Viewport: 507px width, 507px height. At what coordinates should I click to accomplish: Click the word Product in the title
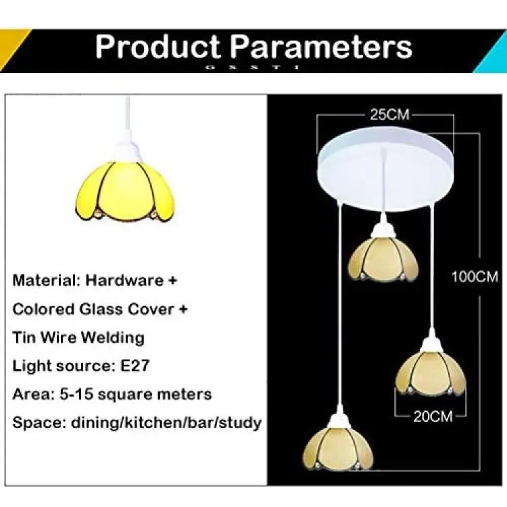click(158, 47)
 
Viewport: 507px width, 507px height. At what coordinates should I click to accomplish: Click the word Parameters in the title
click(321, 47)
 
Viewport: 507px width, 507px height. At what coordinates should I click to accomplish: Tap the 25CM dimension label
click(390, 114)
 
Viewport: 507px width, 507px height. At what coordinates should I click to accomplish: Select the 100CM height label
click(475, 277)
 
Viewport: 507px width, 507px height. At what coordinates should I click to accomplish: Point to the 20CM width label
click(433, 416)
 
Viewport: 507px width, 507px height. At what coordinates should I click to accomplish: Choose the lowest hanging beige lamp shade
click(338, 448)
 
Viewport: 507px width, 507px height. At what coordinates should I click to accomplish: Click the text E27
click(135, 366)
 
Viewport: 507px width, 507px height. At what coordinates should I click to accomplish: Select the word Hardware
click(124, 280)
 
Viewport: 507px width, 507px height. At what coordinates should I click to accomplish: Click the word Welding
click(112, 338)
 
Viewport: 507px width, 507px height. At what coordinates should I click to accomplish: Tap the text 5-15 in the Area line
click(76, 394)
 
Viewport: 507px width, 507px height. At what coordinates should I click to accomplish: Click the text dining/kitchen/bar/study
click(166, 423)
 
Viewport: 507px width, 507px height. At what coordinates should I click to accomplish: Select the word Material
click(46, 280)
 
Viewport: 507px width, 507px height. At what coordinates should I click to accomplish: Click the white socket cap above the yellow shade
click(128, 152)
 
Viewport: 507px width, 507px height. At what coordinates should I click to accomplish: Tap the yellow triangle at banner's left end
click(12, 46)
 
